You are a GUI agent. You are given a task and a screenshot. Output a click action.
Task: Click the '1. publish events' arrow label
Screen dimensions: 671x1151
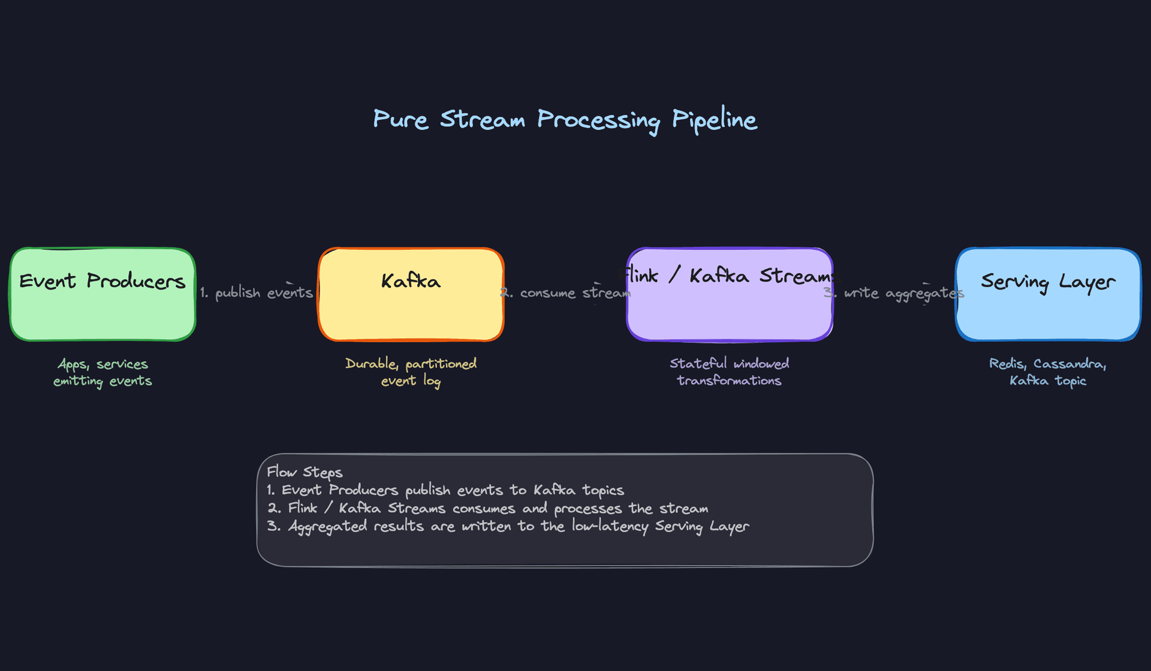click(257, 293)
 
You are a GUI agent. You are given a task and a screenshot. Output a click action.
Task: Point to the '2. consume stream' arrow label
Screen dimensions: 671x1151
click(567, 293)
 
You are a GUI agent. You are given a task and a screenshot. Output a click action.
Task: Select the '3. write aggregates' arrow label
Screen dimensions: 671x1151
click(894, 293)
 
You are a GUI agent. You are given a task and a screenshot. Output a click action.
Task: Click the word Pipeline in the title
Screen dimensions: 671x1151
click(714, 120)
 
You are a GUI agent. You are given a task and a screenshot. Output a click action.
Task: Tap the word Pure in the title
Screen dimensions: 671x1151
click(400, 119)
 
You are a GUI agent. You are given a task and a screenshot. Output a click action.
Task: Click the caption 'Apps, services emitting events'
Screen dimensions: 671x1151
click(103, 372)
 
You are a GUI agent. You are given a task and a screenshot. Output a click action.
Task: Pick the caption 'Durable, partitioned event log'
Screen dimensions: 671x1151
click(411, 372)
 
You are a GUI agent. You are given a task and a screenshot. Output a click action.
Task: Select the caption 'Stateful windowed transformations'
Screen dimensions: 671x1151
click(729, 372)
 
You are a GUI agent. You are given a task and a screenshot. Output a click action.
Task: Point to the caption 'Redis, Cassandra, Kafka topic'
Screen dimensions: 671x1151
click(1047, 372)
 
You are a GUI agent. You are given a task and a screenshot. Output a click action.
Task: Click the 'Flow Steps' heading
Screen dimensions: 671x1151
click(305, 473)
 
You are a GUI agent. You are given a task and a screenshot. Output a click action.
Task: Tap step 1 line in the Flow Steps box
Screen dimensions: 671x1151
click(445, 490)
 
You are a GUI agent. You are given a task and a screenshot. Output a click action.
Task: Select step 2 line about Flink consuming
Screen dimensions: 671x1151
click(487, 508)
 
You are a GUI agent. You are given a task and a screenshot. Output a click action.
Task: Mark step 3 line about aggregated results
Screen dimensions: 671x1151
click(508, 526)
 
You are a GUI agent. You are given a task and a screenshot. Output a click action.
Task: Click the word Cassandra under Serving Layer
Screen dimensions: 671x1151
click(1068, 364)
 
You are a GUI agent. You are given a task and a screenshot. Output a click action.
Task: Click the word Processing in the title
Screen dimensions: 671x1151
click(598, 120)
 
